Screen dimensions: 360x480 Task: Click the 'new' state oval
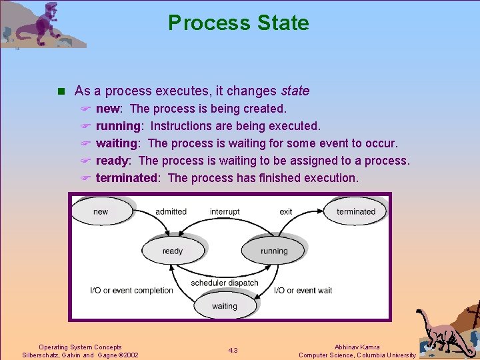[101, 211]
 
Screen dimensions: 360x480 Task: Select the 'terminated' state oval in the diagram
[355, 211]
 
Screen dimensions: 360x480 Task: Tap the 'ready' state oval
[172, 251]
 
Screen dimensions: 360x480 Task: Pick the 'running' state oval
[273, 251]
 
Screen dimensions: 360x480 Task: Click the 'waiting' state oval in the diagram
[224, 306]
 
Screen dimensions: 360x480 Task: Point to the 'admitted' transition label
[171, 211]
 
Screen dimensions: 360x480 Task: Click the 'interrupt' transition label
[225, 211]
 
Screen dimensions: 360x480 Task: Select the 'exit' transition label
[286, 211]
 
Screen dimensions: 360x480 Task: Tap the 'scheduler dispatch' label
[224, 283]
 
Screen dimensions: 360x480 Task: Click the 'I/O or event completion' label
[131, 290]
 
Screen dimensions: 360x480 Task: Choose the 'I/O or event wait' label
[303, 290]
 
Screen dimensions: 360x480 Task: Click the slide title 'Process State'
[239, 23]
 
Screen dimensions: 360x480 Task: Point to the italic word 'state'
[295, 91]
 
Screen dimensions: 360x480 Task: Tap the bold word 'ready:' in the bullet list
[114, 161]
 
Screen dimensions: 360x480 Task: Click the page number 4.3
[233, 351]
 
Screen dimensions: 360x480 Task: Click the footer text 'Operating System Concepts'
[80, 347]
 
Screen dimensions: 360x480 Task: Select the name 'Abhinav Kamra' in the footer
[357, 347]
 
